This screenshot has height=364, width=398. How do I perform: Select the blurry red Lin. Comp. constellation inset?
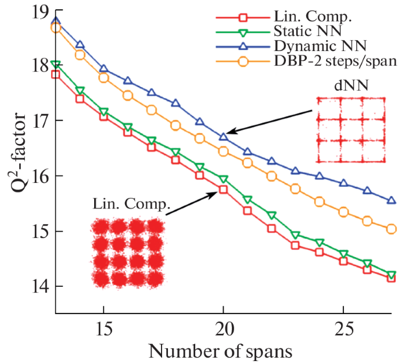tap(127, 252)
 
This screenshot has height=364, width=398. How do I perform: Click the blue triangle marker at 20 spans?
tap(223, 137)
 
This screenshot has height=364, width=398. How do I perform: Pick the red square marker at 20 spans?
tap(223, 189)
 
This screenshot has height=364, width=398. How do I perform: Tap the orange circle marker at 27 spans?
tap(391, 229)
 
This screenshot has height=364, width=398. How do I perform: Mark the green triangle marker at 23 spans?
tap(295, 235)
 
